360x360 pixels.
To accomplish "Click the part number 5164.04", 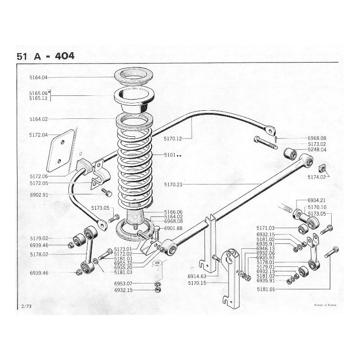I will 38,77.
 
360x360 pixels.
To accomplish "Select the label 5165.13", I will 38,98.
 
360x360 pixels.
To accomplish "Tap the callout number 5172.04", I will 38,134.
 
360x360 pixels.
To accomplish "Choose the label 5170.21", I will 173,184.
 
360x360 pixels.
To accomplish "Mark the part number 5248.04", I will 317,150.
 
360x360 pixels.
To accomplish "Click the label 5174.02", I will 317,177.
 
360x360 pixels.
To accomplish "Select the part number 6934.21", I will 317,200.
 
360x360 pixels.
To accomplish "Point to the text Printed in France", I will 325,305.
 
